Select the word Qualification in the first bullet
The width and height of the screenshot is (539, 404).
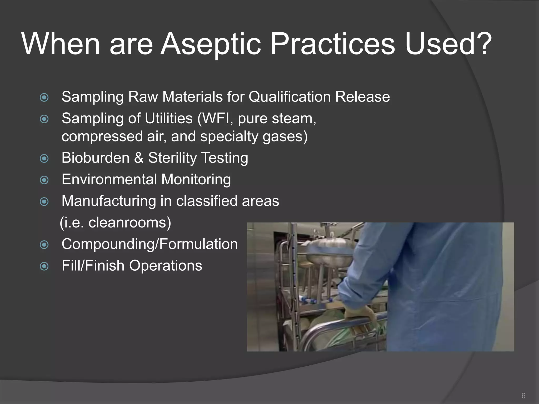pyautogui.click(x=289, y=97)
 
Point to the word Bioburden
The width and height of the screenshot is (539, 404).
pyautogui.click(x=96, y=158)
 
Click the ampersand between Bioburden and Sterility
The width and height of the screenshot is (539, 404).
pyautogui.click(x=139, y=158)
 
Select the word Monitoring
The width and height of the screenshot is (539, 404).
pyautogui.click(x=196, y=180)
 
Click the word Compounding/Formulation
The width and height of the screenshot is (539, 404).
pyautogui.click(x=149, y=244)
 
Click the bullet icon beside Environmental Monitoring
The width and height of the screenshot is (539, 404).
pyautogui.click(x=44, y=180)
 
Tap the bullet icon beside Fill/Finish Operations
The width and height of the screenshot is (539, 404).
pyautogui.click(x=44, y=266)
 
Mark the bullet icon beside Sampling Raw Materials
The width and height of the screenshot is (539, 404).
pyautogui.click(x=44, y=98)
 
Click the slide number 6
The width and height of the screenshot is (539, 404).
pyautogui.click(x=523, y=396)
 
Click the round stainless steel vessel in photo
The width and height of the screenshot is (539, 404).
pyautogui.click(x=329, y=252)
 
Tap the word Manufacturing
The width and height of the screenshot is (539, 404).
pyautogui.click(x=109, y=201)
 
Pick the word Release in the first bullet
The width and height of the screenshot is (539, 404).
pyautogui.click(x=362, y=97)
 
